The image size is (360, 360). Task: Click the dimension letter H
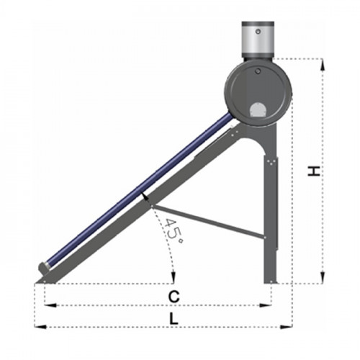point(314,171)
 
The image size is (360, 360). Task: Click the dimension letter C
point(174,297)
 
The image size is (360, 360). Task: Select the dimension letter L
point(174,319)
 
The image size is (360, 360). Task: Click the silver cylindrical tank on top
point(258,40)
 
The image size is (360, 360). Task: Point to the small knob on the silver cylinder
point(258,31)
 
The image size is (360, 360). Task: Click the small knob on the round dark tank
point(258,71)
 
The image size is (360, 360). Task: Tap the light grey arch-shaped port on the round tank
point(258,110)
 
